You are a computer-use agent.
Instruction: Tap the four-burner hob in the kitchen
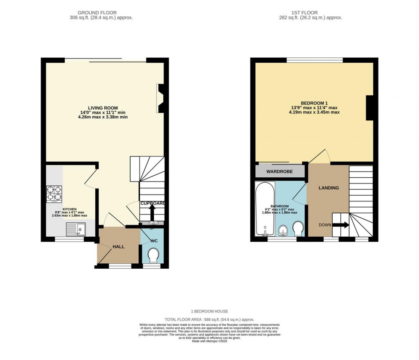click(x=54, y=195)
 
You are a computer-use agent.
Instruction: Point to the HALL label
click(x=119, y=246)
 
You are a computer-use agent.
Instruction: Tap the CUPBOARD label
click(x=153, y=203)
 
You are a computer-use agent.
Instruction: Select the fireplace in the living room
click(x=160, y=98)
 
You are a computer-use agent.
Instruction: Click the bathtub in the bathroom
click(x=265, y=210)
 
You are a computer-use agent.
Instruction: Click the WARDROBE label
click(x=279, y=172)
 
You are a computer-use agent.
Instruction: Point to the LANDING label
click(x=329, y=188)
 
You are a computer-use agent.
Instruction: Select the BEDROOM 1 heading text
click(x=314, y=103)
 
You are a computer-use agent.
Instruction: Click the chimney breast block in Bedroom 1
click(x=369, y=108)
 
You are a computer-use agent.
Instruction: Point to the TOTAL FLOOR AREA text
click(x=209, y=319)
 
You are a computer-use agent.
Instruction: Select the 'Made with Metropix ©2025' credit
click(x=209, y=341)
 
